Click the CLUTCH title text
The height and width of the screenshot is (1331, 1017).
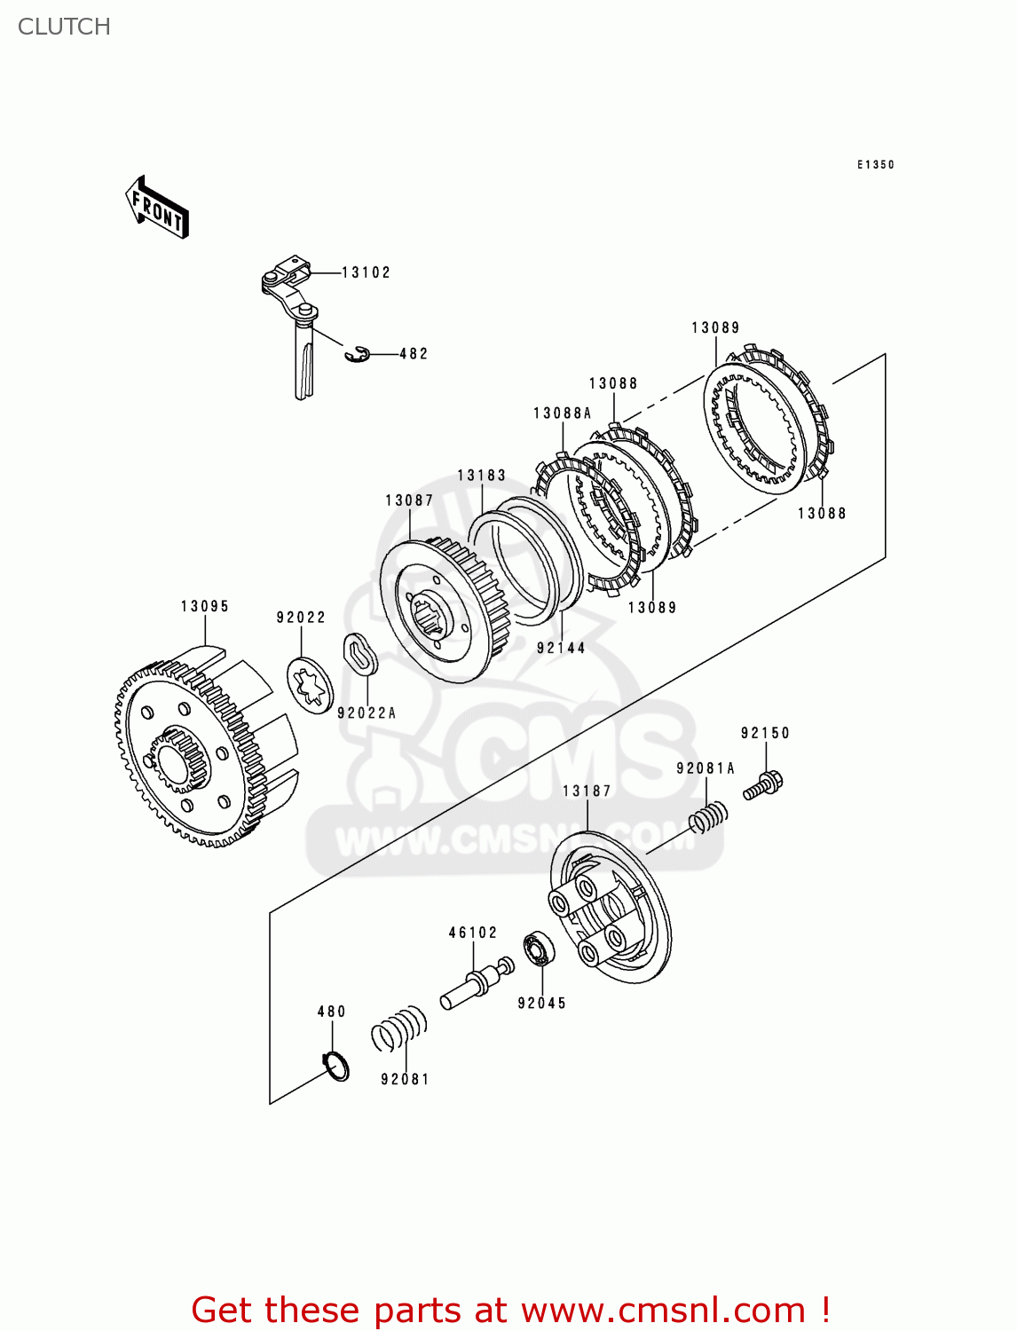tap(64, 27)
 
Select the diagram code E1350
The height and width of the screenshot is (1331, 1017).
tap(875, 165)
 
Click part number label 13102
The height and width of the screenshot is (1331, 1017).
tap(366, 272)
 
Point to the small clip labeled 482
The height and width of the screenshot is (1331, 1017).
tap(357, 354)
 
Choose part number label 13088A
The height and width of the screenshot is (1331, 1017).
tap(562, 413)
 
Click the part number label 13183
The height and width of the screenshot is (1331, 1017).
tap(481, 476)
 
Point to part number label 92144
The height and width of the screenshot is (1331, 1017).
tap(561, 649)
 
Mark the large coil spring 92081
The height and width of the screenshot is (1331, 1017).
tap(399, 1029)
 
